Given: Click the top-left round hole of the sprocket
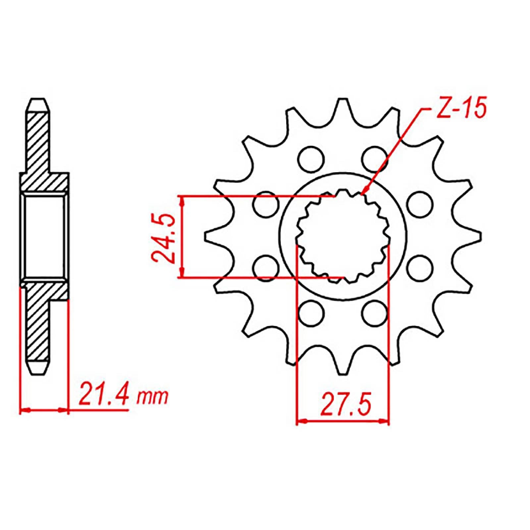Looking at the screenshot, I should [310, 158].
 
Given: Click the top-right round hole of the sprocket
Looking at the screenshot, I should [375, 158].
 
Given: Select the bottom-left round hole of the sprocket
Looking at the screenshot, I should [310, 313].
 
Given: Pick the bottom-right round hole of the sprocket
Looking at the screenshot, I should [375, 313].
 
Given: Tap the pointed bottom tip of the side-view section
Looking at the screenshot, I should [38, 375].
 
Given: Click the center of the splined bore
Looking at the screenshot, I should [343, 236].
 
